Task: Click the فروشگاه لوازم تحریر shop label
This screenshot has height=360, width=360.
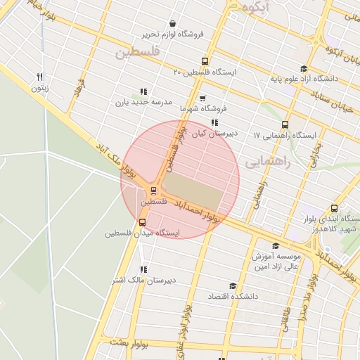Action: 174,34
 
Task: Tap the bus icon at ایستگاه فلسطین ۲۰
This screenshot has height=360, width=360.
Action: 205,61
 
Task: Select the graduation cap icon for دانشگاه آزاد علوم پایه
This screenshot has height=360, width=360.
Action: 304,69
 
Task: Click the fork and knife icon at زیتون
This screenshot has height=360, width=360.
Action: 41,77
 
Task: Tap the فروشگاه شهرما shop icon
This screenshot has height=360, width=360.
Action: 202,98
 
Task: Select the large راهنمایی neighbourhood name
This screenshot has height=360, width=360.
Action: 268,162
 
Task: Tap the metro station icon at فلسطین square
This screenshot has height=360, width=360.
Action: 153,190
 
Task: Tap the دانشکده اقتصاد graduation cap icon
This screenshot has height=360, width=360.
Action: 233,286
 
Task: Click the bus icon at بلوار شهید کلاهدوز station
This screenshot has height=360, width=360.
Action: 333,208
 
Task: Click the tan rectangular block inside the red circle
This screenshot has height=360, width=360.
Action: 193,186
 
